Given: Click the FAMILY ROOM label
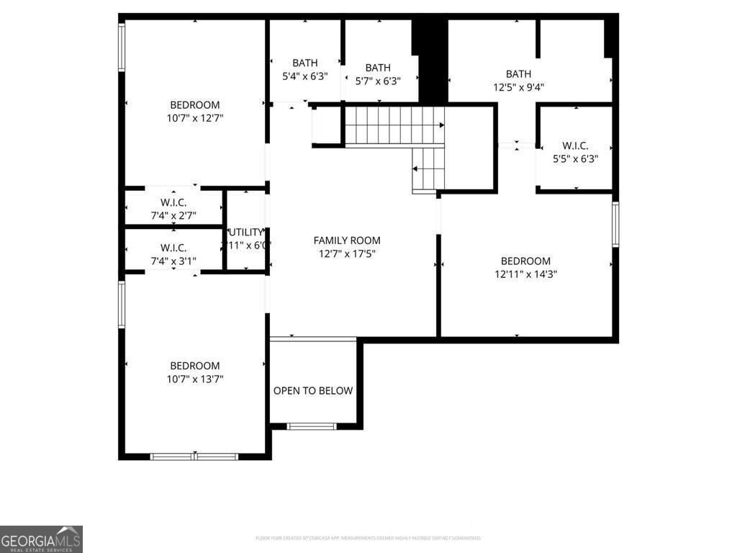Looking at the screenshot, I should point(347,240).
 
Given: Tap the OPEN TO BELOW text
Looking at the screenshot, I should point(313,391).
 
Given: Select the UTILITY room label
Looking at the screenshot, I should point(245,232).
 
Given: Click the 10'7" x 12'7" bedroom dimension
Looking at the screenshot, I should point(195,118).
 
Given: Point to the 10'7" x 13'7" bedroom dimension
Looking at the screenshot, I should point(195,379).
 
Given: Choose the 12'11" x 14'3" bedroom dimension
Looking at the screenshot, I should point(526,274).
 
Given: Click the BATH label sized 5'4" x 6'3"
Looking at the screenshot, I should point(305,63).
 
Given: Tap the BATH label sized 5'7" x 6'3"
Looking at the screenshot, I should point(378,68).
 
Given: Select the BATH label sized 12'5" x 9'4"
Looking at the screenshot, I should point(518,73).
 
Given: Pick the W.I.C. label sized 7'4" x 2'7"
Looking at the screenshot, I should point(173,203).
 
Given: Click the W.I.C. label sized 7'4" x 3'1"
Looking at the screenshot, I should point(173,248).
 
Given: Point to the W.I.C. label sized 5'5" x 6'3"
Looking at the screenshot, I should point(576,145).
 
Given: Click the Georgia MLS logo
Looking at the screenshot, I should point(41,539).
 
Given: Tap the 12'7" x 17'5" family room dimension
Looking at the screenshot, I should point(347,253).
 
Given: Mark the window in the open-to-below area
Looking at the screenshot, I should point(312,426).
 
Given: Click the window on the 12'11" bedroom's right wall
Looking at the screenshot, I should point(615,225).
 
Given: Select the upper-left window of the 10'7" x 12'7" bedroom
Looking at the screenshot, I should point(122,47).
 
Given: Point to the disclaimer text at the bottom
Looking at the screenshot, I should point(368,538).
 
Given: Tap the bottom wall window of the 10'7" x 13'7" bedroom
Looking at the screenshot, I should point(194,456).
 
